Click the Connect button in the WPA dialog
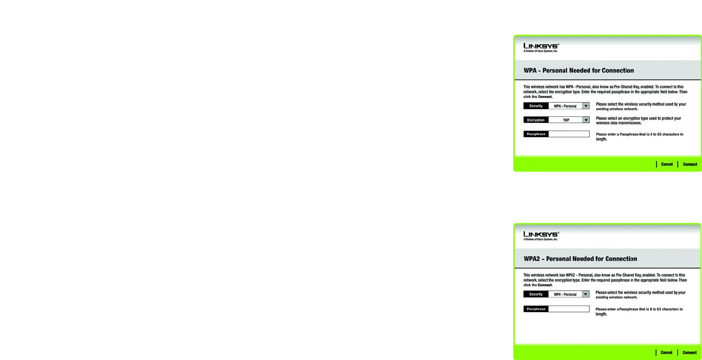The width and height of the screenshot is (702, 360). point(690,164)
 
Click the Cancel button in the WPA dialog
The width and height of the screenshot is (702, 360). point(666,164)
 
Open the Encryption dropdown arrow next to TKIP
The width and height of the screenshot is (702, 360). point(586,120)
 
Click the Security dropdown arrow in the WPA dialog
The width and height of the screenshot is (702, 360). point(586,106)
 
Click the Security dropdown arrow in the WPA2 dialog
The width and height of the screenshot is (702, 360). point(586,294)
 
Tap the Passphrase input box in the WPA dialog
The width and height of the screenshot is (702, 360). point(568,134)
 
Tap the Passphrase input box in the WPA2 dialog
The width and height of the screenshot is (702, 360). point(568,309)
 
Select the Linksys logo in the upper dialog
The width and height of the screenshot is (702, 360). point(541,46)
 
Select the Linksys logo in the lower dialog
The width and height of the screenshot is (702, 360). point(541,235)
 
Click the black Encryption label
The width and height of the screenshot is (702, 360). point(536,120)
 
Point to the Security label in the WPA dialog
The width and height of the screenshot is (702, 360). point(536,106)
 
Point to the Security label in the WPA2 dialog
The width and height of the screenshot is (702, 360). point(536,294)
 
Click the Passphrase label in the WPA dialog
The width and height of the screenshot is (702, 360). point(536,134)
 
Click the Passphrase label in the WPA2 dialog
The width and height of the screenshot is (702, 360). point(536,309)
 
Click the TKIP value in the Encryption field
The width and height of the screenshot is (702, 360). point(566,120)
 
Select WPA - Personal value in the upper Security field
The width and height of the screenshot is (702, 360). point(565,106)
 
